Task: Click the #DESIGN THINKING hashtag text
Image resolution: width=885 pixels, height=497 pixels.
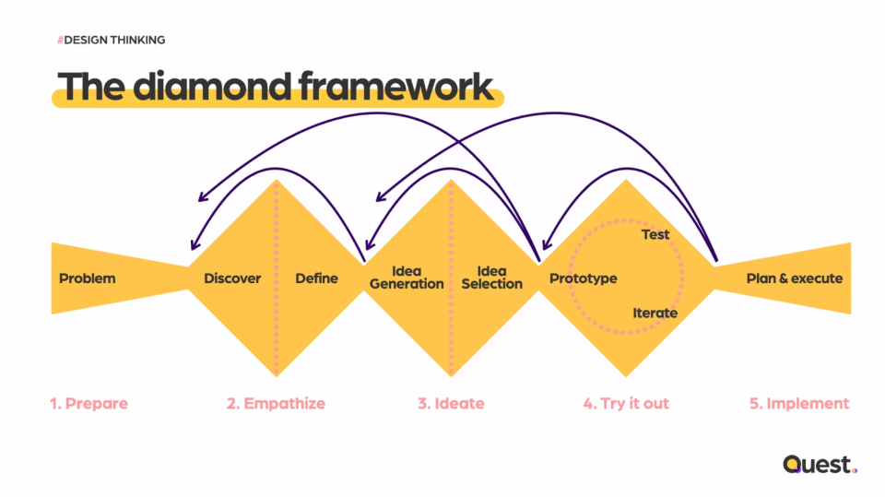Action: click(112, 40)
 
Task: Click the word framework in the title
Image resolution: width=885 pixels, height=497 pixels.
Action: click(396, 87)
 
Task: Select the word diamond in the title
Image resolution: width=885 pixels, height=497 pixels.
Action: click(212, 87)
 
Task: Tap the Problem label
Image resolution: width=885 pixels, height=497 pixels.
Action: click(88, 278)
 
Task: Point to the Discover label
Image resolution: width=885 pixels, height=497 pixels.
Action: click(232, 278)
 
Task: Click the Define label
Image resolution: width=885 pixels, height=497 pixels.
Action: click(316, 278)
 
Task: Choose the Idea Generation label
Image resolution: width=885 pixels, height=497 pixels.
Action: click(407, 278)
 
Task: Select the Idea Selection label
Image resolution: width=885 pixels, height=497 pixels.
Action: click(491, 278)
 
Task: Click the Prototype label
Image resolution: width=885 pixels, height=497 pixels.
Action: click(583, 279)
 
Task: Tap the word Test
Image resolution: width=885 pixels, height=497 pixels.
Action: click(655, 234)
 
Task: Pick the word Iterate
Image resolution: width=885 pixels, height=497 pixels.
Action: click(655, 313)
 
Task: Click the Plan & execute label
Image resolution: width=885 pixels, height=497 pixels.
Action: click(794, 278)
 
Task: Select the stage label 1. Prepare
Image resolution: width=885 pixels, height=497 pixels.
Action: click(88, 404)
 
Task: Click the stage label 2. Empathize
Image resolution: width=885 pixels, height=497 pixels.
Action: click(276, 404)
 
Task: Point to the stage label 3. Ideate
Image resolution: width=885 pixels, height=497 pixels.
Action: click(451, 404)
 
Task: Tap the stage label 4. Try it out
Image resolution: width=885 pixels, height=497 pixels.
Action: click(626, 404)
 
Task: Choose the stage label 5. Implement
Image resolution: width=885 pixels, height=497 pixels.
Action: click(799, 404)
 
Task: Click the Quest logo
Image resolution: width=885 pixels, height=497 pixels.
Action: click(820, 464)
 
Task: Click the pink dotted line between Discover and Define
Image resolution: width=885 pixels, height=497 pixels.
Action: click(276, 278)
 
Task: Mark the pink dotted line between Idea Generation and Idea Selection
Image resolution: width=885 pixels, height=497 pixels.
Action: click(451, 278)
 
